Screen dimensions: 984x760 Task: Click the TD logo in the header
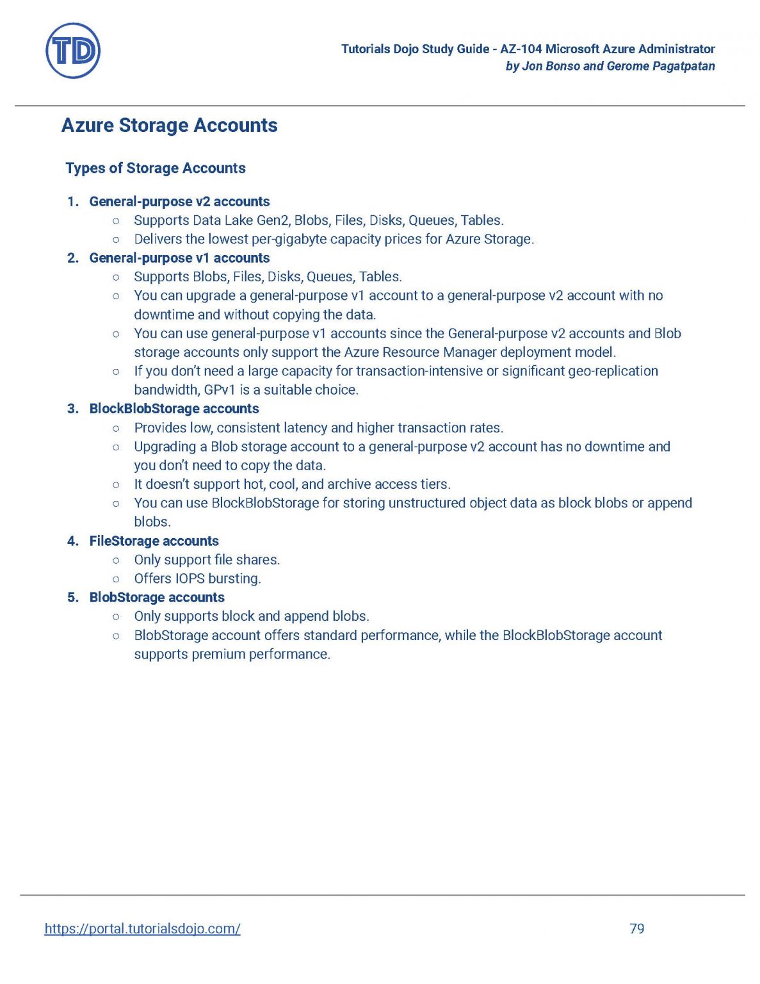(x=73, y=51)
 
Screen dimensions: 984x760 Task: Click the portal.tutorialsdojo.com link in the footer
(x=142, y=928)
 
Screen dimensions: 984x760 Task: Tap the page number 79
(x=636, y=928)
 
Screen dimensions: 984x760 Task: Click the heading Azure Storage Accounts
(x=169, y=126)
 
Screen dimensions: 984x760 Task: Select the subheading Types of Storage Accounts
(x=156, y=168)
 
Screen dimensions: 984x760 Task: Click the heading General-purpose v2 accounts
(x=179, y=202)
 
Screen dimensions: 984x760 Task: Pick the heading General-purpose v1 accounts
(x=179, y=258)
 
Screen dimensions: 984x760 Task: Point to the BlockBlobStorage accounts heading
(x=174, y=409)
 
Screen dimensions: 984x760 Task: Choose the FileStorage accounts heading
(x=154, y=541)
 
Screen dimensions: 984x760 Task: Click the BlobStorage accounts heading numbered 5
(x=157, y=598)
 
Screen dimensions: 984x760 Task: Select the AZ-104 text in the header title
(x=521, y=49)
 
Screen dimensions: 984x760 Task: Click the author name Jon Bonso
(x=551, y=66)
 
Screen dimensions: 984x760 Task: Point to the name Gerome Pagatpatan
(x=660, y=66)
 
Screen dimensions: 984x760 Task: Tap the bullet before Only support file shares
(x=116, y=561)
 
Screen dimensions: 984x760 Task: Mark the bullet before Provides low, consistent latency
(x=116, y=429)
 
